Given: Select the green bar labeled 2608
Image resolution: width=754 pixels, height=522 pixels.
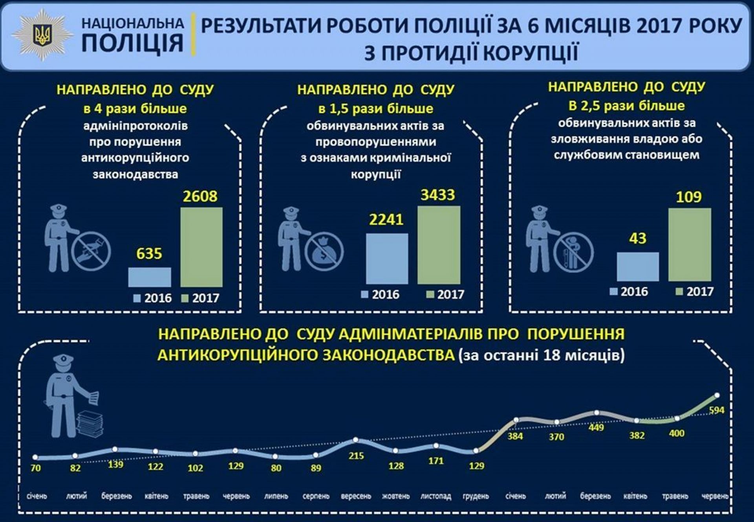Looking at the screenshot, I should click(x=201, y=247).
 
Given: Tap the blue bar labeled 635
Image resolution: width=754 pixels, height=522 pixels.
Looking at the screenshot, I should click(x=150, y=277).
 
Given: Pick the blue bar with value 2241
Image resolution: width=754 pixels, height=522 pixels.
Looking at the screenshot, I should click(x=387, y=258).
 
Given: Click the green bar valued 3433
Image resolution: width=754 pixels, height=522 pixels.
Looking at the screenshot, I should click(x=439, y=245).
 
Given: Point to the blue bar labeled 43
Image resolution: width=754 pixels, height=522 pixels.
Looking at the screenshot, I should click(x=638, y=267).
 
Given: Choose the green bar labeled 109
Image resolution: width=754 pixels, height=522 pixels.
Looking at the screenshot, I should click(x=690, y=245).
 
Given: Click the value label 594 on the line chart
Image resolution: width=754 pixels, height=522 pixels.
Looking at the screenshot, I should click(x=717, y=410).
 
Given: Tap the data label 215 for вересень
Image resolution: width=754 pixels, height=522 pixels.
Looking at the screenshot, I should click(x=356, y=456).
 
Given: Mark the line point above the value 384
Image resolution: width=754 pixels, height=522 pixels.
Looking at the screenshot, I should click(x=516, y=420).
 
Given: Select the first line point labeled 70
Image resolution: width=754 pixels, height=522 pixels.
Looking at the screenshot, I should click(x=35, y=457).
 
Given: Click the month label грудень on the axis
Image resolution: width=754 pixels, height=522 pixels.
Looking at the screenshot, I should click(x=476, y=496).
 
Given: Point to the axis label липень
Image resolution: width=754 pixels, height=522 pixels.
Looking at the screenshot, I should click(x=276, y=496).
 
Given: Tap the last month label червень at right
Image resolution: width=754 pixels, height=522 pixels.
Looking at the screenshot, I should click(x=715, y=496).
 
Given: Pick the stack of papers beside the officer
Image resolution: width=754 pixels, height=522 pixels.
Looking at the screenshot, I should click(x=90, y=424).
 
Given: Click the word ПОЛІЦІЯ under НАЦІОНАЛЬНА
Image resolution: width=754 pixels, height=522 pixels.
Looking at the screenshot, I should click(x=132, y=43).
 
